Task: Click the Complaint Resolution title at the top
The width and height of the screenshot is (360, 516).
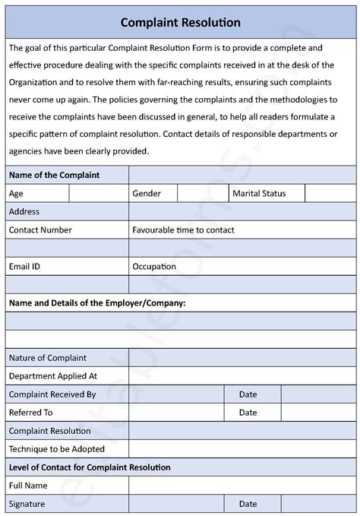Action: (180, 23)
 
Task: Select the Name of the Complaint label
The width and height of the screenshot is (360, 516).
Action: (54, 175)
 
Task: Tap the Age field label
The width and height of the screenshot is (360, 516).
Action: (16, 194)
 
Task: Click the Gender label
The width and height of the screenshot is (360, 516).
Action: (147, 194)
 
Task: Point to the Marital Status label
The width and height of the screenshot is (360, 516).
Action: (259, 194)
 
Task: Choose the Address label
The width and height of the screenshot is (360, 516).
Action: (24, 211)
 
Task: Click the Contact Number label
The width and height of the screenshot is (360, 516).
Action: (40, 230)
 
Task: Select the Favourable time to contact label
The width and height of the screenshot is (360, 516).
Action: (183, 230)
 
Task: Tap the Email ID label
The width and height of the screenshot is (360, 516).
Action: (24, 267)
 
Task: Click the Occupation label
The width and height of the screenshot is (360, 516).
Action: (154, 267)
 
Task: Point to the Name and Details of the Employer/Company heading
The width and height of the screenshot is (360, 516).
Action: (97, 303)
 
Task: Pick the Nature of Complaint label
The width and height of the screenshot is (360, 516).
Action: (48, 358)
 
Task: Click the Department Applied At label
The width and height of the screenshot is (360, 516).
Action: (53, 376)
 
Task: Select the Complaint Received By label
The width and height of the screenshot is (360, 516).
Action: (52, 394)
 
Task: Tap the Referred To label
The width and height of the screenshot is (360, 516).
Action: (30, 413)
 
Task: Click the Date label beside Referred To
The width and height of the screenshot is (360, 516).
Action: (248, 413)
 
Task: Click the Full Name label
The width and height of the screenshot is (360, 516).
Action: (28, 486)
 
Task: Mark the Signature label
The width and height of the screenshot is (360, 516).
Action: (27, 504)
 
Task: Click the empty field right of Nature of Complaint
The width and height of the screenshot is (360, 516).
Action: (242, 358)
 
